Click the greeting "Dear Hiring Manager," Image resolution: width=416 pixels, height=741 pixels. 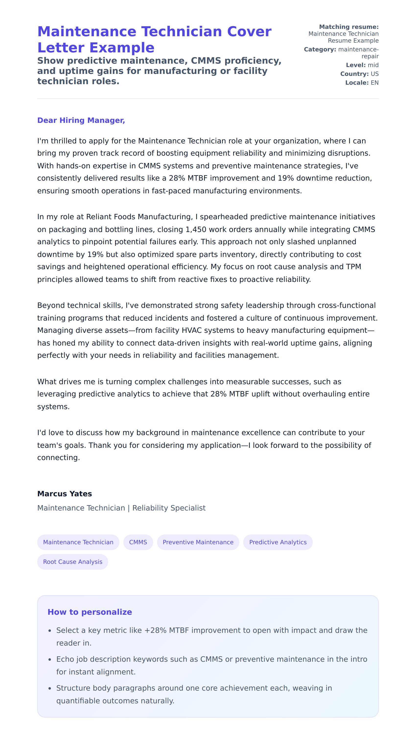pos(81,120)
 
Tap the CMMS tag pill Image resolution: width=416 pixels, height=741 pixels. pos(138,542)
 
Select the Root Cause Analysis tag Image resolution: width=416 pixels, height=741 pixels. pos(72,562)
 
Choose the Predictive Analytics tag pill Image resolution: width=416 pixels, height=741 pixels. pos(278,542)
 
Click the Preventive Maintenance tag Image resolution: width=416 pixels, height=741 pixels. pos(198,542)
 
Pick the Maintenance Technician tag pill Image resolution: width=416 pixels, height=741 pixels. pos(78,542)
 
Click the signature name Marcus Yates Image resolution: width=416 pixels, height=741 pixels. pos(64,494)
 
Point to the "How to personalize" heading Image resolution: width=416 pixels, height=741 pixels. pos(90,612)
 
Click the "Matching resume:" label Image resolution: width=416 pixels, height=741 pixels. pos(349,27)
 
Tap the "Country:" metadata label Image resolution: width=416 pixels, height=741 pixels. pos(354,74)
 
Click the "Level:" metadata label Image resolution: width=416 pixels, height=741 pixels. pos(356,65)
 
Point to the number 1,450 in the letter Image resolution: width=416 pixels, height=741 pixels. pos(196,230)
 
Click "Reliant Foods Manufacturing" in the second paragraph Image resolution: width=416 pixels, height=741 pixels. pos(139,217)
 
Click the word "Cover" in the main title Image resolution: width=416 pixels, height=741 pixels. pos(249,31)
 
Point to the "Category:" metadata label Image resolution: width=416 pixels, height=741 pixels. pos(320,49)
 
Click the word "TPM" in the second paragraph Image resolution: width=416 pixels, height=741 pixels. pos(353,267)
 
